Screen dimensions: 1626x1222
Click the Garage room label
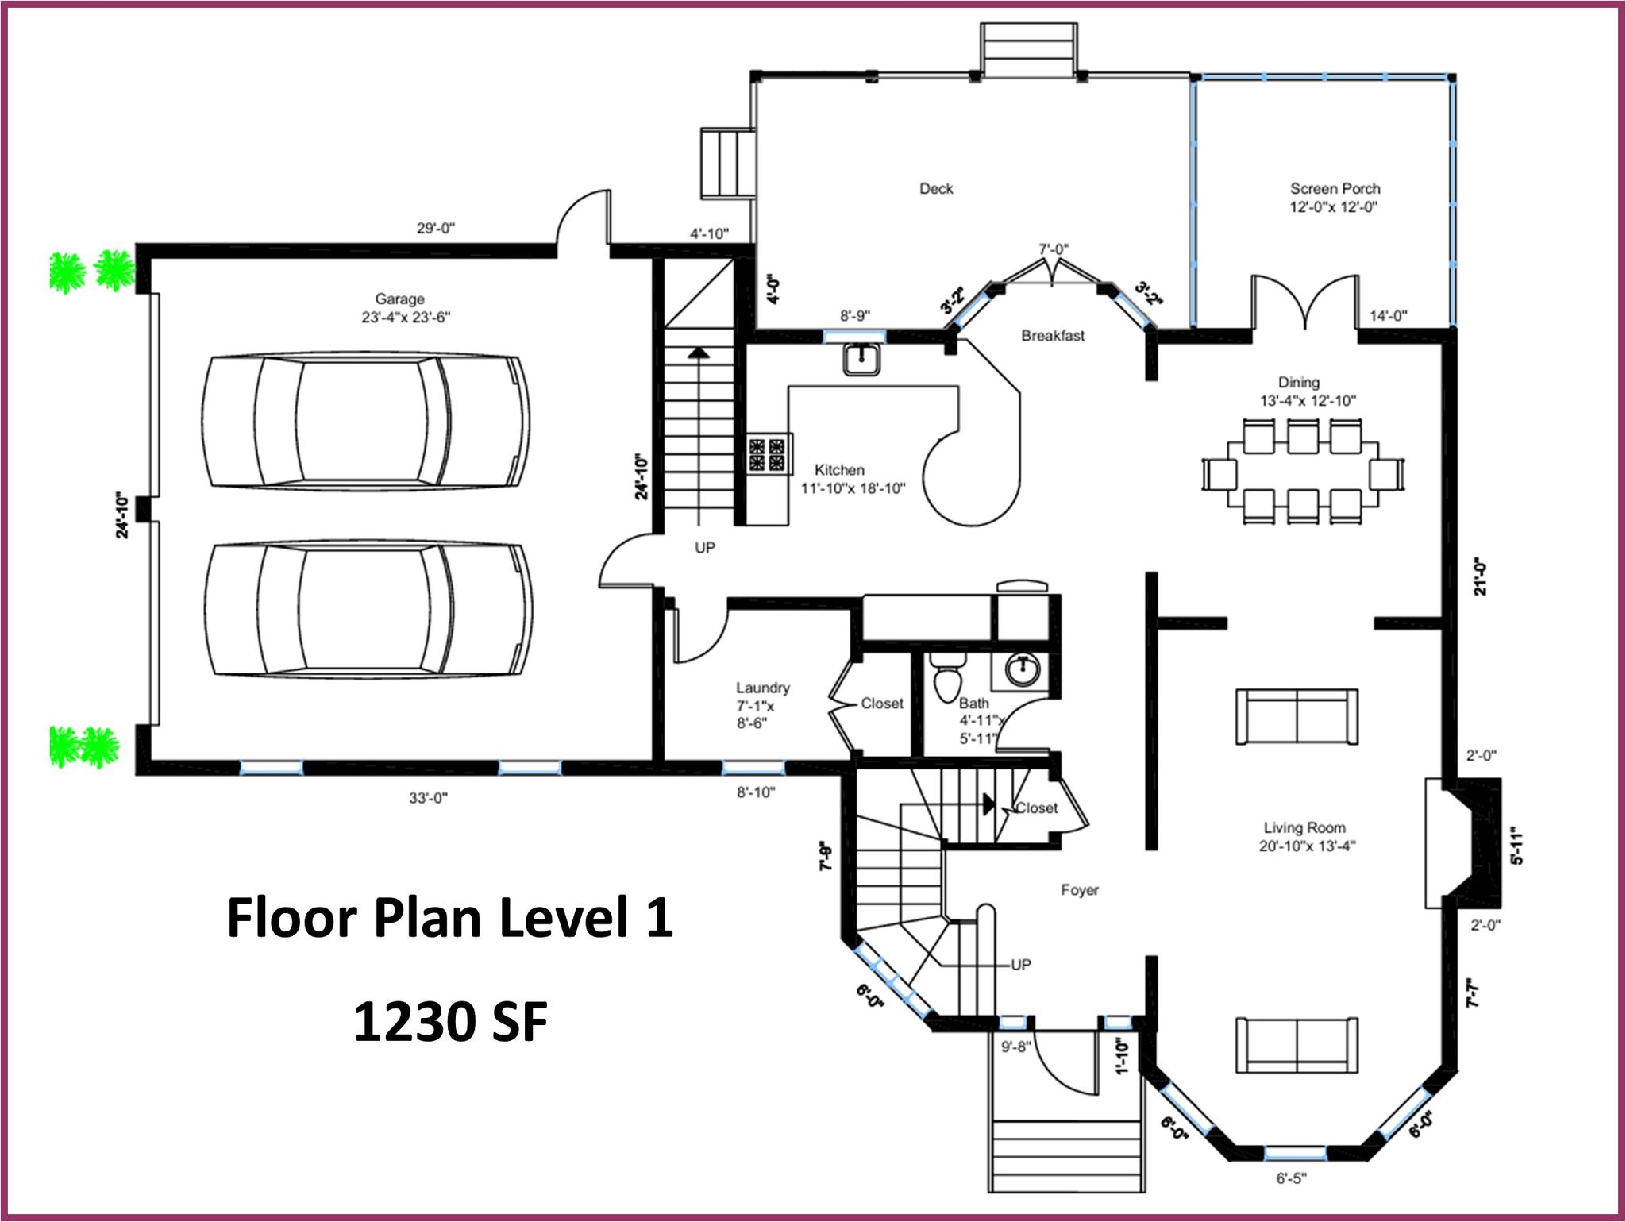[399, 299]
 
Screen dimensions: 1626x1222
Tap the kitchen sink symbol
[862, 359]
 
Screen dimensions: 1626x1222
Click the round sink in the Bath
[1023, 669]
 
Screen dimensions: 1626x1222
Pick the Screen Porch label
[1335, 188]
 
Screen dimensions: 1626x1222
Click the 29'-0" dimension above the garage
[436, 229]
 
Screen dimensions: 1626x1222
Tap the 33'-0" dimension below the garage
[429, 798]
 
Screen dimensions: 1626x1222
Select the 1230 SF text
[450, 1022]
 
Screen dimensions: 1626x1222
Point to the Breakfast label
[1053, 336]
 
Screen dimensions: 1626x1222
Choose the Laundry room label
[762, 688]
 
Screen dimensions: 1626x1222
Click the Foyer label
[1080, 890]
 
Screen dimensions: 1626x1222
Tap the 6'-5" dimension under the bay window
[1291, 1178]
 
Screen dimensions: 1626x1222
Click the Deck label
[936, 188]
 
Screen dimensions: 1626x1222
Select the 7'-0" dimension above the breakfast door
[1054, 249]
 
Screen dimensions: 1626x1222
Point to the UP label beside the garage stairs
[705, 548]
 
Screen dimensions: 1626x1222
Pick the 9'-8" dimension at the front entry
[1015, 1047]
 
